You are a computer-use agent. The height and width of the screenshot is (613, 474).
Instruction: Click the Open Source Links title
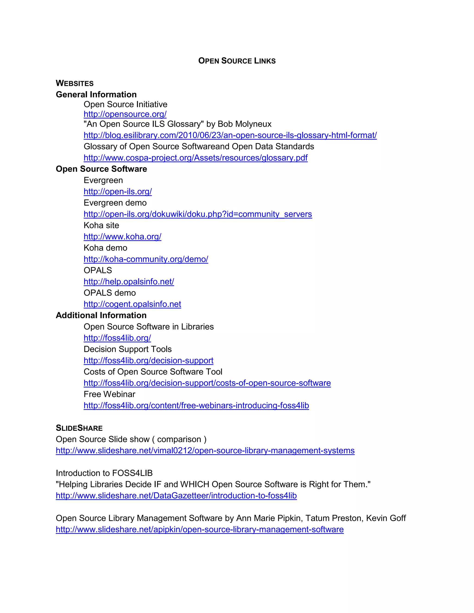237,61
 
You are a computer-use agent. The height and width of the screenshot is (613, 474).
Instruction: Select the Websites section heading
75,83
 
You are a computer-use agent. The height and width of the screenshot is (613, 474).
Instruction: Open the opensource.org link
125,114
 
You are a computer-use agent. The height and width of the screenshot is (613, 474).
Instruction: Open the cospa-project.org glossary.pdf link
195,158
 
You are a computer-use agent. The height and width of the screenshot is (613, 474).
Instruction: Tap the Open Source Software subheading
101,169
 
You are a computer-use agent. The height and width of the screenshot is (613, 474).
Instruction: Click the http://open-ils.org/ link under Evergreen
118,192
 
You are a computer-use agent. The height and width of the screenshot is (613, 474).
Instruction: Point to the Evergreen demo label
115,203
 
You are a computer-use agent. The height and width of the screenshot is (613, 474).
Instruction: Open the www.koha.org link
122,237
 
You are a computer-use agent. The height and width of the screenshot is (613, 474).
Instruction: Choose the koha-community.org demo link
146,259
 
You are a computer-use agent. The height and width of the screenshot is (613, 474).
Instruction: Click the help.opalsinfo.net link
129,282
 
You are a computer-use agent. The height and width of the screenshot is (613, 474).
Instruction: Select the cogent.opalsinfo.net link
132,304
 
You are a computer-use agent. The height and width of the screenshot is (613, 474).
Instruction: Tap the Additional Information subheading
101,316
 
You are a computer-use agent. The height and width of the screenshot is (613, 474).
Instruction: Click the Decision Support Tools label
128,349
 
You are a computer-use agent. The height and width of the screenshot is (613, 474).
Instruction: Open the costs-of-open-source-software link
207,383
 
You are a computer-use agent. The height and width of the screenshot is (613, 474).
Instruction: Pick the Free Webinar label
109,394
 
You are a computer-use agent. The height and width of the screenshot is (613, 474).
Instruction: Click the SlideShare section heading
79,428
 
